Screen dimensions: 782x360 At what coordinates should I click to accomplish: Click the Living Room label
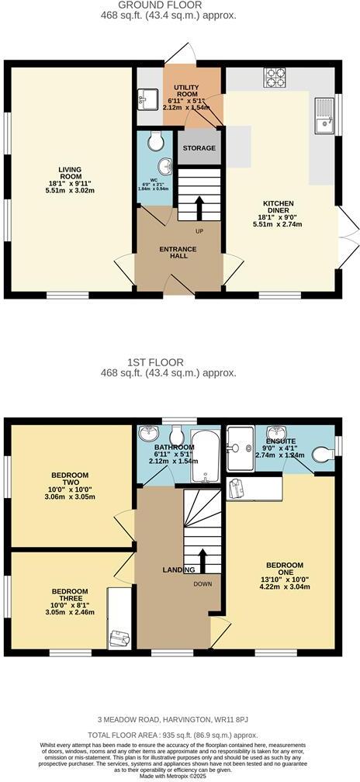[x=70, y=171]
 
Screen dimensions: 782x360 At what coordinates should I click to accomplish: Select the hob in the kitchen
[x=276, y=78]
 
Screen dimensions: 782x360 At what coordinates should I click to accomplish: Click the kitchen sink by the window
[x=322, y=117]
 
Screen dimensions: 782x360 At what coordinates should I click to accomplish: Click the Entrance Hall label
[x=178, y=253]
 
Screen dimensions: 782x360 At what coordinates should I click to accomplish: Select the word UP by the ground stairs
[x=199, y=230]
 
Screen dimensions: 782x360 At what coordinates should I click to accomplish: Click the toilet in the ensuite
[x=324, y=458]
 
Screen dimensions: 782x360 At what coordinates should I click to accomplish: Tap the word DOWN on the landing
[x=202, y=584]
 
